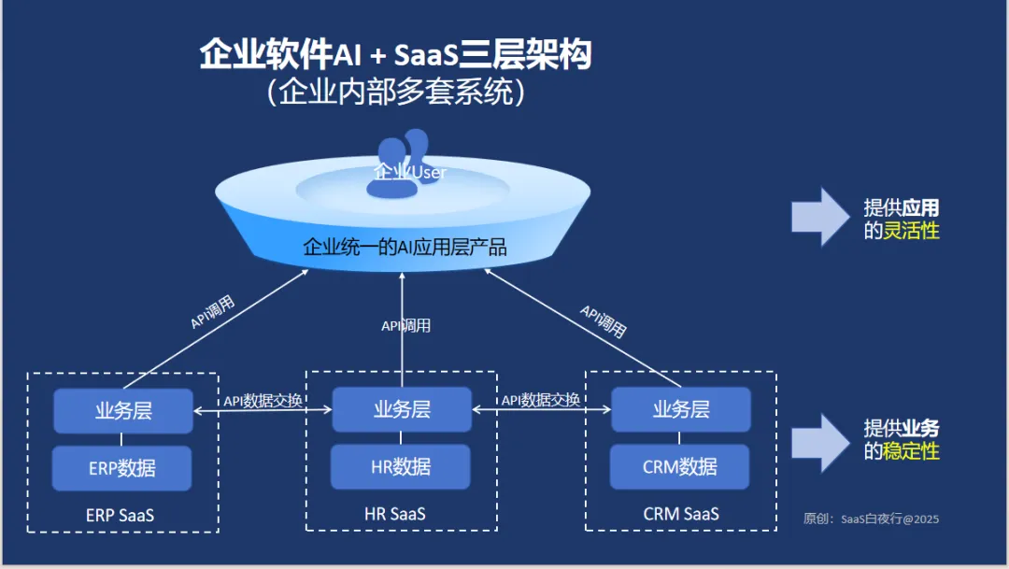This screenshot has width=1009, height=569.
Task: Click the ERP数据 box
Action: click(121, 468)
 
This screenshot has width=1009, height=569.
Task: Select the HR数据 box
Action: click(400, 466)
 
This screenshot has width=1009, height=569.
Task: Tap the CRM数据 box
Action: click(679, 466)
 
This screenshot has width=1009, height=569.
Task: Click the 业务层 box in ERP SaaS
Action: click(123, 411)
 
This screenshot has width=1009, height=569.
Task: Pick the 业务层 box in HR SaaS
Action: click(402, 409)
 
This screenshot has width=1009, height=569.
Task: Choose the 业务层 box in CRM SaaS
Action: click(681, 409)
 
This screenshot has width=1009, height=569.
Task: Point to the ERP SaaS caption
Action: click(121, 516)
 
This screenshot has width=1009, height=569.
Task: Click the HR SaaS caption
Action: click(395, 514)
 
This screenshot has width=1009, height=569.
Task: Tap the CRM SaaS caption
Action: click(681, 514)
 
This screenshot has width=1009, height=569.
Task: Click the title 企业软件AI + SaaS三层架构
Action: click(395, 53)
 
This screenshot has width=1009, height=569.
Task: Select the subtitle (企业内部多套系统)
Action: click(396, 92)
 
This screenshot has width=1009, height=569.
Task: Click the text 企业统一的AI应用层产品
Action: click(405, 248)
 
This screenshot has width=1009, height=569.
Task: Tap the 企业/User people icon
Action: click(402, 164)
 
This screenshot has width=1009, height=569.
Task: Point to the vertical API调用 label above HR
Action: click(406, 326)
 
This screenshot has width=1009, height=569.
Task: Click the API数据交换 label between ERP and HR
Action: click(263, 401)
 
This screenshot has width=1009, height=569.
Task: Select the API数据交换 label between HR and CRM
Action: click(541, 401)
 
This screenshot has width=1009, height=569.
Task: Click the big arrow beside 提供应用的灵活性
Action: click(820, 217)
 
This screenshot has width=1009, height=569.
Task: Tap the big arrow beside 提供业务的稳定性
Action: click(820, 443)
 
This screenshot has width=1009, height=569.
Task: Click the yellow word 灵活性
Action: click(911, 231)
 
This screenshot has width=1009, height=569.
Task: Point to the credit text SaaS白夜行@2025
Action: click(890, 519)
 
